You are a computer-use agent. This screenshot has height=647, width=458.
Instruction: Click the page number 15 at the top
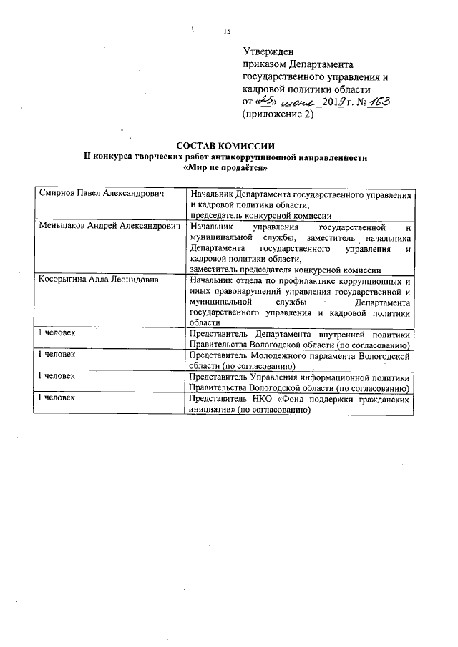[227, 31]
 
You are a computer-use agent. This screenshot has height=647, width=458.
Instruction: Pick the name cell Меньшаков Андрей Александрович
[108, 227]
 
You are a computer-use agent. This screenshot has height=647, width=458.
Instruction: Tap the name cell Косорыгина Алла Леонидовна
[99, 280]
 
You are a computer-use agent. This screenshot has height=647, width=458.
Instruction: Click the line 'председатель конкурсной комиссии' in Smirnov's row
[260, 215]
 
